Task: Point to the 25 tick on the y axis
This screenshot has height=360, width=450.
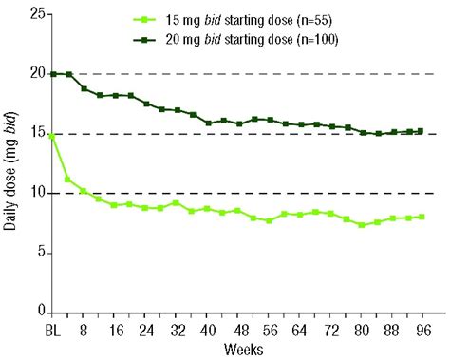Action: (34, 14)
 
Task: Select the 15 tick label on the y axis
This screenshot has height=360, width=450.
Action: (34, 134)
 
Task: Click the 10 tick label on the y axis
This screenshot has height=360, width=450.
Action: (34, 194)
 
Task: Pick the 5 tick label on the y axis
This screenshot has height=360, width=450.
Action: (38, 253)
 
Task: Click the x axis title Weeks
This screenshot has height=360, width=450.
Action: (238, 350)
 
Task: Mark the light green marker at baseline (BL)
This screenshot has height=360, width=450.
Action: (52, 135)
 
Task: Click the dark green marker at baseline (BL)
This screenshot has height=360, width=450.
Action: (52, 74)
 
